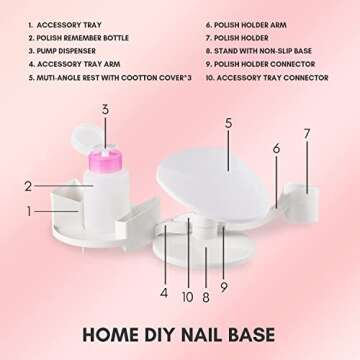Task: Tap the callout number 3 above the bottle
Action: click(x=104, y=109)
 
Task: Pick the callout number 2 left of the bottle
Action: click(x=29, y=185)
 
